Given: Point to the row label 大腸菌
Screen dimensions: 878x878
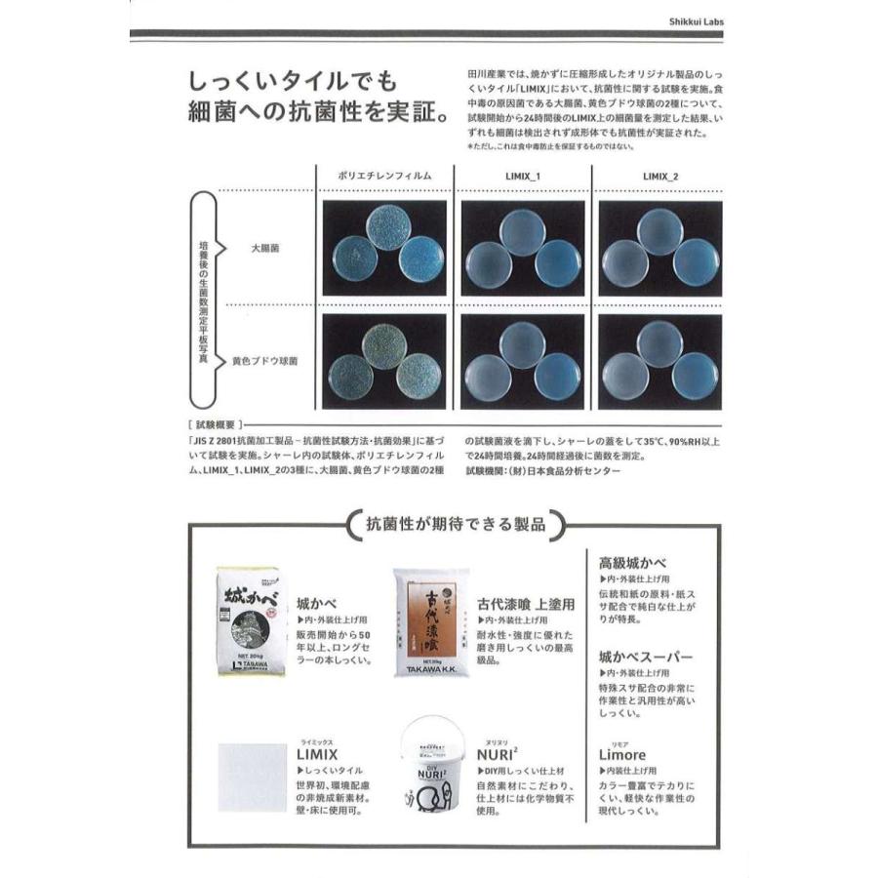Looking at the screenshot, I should (x=265, y=250).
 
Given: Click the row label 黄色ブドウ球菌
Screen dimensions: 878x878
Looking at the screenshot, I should (x=265, y=361).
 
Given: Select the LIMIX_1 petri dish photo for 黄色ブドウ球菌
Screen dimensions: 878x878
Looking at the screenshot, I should (x=522, y=361).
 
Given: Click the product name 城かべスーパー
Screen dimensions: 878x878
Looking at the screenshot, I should (x=645, y=656).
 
